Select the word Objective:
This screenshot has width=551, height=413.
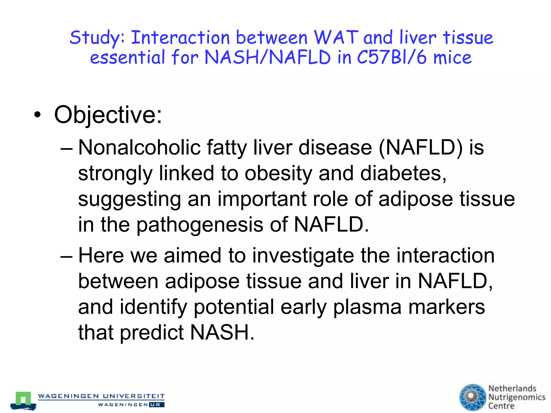108,115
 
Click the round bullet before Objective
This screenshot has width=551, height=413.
38,115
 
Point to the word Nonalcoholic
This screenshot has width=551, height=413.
139,148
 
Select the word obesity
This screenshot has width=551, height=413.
278,173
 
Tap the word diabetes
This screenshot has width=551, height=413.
401,173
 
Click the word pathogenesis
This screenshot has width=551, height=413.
200,225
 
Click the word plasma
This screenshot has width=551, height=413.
367,307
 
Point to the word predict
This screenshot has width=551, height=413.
151,333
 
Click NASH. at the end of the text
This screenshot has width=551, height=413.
222,333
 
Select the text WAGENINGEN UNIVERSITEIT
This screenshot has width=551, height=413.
101,396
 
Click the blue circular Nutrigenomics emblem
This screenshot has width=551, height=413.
472,397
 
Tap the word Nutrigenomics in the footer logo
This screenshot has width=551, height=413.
517,397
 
